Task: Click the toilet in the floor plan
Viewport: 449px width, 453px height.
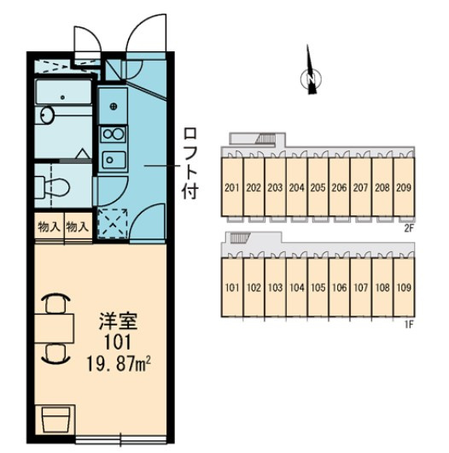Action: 53,188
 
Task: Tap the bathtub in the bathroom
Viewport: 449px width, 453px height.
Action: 63,91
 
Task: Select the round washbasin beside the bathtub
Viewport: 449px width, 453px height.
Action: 45,115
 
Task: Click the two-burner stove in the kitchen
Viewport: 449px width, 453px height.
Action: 114,134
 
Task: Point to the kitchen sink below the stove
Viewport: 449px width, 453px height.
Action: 114,160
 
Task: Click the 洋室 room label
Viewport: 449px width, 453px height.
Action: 118,321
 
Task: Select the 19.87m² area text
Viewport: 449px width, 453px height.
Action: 119,364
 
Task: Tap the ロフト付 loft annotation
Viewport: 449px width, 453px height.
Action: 190,164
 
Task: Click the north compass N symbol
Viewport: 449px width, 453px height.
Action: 311,78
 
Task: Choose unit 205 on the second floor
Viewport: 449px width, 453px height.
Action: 318,188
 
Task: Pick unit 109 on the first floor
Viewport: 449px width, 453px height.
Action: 404,287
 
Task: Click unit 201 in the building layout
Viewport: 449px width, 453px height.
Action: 232,188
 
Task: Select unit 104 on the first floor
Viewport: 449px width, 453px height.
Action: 297,287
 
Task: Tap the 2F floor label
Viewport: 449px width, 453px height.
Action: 409,228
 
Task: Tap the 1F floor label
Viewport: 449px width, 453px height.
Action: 409,325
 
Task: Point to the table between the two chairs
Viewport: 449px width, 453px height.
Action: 55,328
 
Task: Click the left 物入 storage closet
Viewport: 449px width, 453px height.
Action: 49,226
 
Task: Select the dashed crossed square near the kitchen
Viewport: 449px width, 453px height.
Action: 113,223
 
